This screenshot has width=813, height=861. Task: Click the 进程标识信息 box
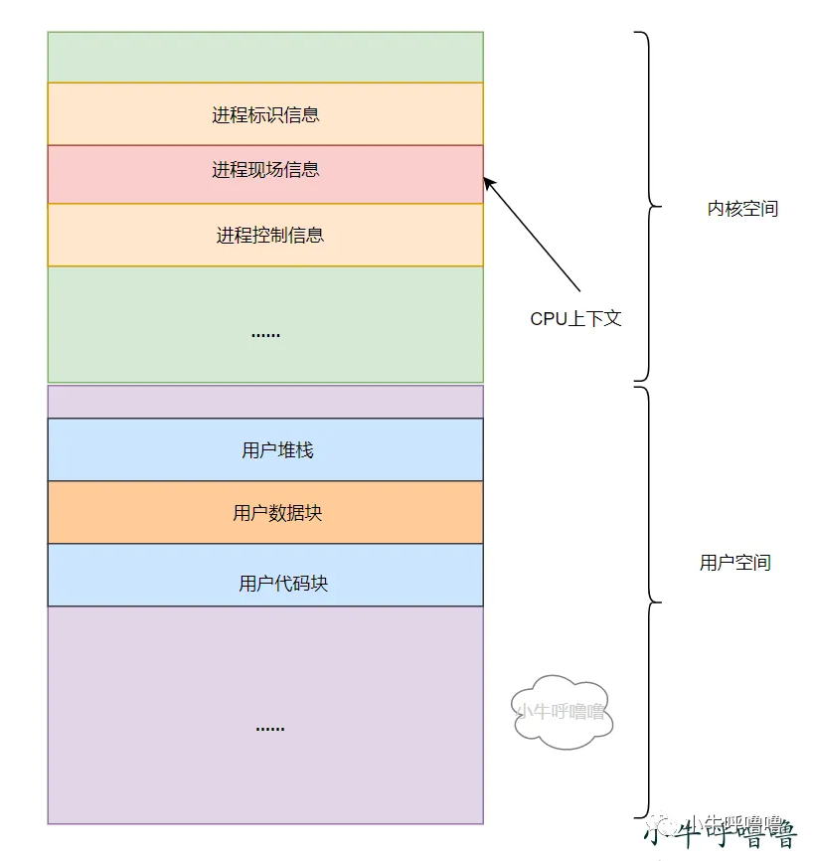point(265,114)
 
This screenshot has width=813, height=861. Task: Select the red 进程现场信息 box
point(265,171)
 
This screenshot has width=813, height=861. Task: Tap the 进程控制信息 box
point(265,236)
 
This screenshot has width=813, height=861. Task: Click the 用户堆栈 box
point(265,450)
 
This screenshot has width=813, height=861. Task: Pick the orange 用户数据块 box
point(265,513)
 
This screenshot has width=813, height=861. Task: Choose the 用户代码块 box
point(265,584)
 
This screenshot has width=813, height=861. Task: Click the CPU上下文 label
point(575,319)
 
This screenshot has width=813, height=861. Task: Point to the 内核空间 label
point(742,209)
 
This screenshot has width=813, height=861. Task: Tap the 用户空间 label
point(734,563)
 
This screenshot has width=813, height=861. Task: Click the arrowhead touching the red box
point(488,182)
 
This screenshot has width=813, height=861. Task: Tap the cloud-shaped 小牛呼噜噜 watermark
point(561,711)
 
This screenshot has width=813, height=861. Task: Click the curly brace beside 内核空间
point(648,207)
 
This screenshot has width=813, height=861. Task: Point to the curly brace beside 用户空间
point(648,602)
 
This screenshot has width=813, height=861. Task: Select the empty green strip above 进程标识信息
point(265,57)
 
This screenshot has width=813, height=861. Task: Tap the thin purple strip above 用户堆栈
point(265,403)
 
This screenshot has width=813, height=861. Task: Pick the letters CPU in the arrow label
point(548,319)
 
